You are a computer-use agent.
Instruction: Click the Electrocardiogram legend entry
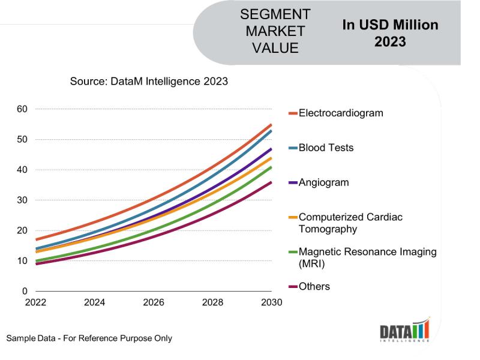(341, 113)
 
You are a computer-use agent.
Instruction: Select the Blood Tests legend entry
(326, 148)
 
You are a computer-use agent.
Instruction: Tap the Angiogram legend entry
(323, 182)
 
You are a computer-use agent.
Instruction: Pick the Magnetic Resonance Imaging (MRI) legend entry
(367, 257)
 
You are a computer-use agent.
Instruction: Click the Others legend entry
(314, 287)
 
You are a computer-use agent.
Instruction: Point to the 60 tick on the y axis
(22, 109)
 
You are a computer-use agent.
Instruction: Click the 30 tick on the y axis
(22, 200)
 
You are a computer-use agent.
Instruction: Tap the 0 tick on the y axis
(24, 292)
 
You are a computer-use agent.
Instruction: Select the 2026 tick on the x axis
(154, 302)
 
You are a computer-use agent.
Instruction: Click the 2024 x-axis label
(94, 302)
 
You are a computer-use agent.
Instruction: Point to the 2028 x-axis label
(212, 302)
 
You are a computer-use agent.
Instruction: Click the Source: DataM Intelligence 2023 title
(149, 81)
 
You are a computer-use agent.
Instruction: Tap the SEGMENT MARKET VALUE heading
(275, 31)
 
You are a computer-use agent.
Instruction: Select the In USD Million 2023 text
(390, 33)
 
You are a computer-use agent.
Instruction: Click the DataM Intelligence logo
(405, 331)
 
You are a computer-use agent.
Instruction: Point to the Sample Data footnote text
(89, 338)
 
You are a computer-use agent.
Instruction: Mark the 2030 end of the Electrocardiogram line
(271, 125)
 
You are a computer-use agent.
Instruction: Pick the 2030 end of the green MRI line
(271, 167)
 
